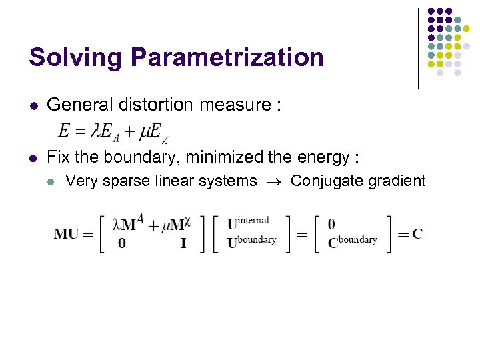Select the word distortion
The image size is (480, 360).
(144, 104)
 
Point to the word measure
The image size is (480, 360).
(221, 104)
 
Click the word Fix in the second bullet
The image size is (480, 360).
(58, 157)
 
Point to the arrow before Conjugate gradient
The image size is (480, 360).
(273, 181)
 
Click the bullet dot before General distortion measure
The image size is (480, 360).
(33, 105)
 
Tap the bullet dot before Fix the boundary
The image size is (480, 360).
(33, 158)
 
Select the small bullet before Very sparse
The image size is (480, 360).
(53, 181)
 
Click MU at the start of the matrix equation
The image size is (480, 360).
(67, 233)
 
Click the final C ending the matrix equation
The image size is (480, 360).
(417, 233)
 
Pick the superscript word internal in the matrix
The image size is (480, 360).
(253, 220)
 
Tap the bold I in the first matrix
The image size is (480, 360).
(183, 243)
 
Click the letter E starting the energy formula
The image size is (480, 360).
(65, 131)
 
